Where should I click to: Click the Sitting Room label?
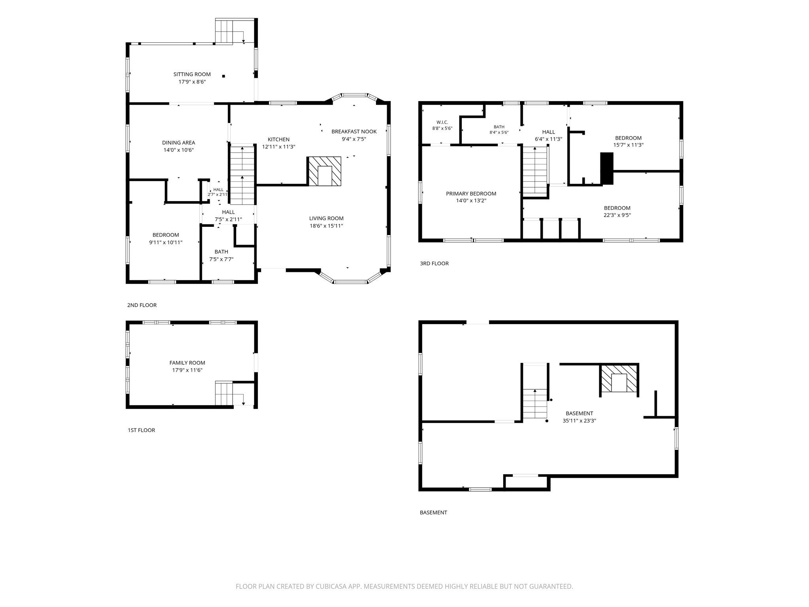pos(192,74)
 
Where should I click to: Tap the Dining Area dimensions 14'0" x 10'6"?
pos(179,150)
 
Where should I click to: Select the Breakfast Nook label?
pos(354,132)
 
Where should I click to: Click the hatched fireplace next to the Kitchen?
pos(324,171)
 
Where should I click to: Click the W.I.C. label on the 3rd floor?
pos(442,122)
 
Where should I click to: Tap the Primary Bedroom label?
pos(471,194)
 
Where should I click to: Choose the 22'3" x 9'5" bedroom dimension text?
pos(617,215)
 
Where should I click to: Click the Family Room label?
pos(187,363)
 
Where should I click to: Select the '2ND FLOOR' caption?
pos(142,305)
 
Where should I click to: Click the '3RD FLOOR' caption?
pos(434,264)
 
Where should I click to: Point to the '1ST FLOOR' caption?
pos(141,430)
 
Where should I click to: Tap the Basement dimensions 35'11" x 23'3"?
pos(579,421)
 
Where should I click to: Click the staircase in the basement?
pos(535,403)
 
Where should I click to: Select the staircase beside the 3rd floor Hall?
pos(535,170)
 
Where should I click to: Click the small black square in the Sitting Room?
pos(224,76)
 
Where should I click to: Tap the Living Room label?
pos(326,219)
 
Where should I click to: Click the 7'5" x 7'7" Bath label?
pos(221,252)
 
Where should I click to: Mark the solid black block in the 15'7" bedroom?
pos(607,168)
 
